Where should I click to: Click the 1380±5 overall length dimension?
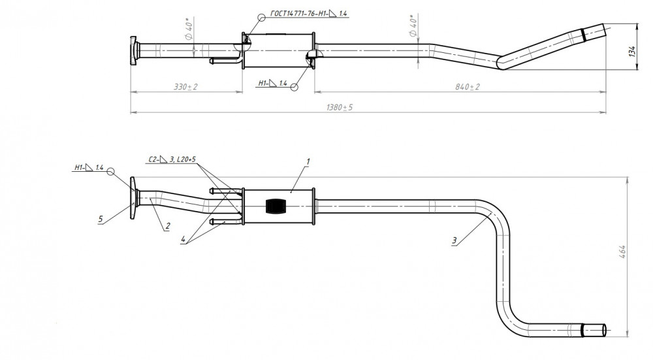340,108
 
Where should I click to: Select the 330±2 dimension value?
185,87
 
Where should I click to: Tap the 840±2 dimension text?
468,87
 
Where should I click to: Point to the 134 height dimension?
633,51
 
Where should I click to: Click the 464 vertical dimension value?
623,252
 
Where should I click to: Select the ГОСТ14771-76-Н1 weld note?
309,14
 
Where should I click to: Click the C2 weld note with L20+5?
172,159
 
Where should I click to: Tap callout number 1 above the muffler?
308,161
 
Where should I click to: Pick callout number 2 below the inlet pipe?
167,226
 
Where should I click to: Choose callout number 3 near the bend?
454,240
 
